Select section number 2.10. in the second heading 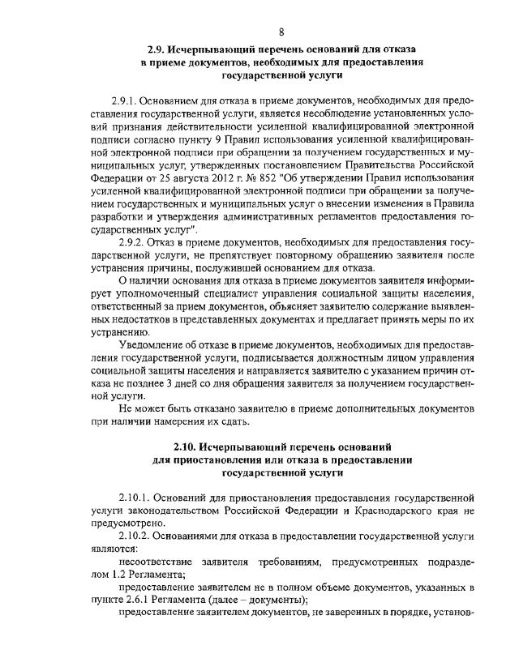pos(187,446)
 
